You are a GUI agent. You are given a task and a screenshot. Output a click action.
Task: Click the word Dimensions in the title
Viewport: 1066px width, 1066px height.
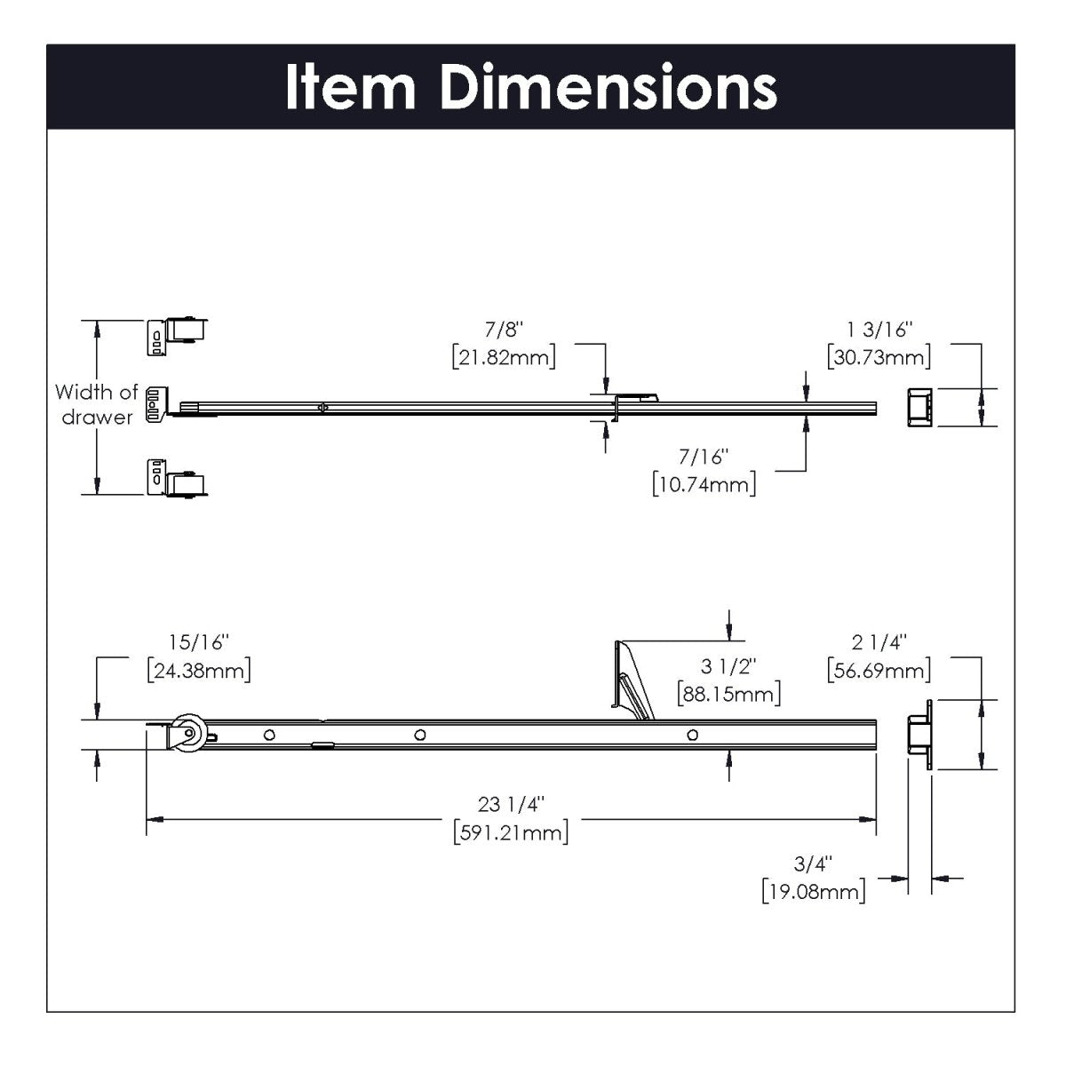(x=609, y=88)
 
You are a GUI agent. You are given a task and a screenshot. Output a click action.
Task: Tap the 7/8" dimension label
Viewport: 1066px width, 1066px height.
(x=505, y=330)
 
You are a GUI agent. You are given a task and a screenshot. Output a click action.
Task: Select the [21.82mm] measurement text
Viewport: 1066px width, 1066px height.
(x=504, y=357)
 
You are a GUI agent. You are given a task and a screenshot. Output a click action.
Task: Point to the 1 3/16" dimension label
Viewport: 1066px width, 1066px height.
(x=879, y=330)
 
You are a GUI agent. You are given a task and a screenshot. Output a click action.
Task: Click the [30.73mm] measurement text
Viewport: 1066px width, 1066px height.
(x=879, y=357)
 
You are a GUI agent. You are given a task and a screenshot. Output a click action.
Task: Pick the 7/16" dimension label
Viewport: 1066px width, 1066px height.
(x=704, y=457)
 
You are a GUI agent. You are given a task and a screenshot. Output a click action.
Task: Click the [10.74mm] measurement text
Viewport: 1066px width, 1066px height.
(x=704, y=484)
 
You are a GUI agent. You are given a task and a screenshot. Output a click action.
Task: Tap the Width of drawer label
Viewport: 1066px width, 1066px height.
(x=96, y=404)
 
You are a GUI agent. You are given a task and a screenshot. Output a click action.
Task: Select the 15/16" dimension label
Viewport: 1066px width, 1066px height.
(x=199, y=641)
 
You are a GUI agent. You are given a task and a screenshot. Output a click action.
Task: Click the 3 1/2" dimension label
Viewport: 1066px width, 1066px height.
(x=728, y=664)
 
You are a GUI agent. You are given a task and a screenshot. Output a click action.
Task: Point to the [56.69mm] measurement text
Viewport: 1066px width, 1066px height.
(x=879, y=669)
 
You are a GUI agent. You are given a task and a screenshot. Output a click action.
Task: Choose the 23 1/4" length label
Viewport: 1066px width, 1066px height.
(x=511, y=805)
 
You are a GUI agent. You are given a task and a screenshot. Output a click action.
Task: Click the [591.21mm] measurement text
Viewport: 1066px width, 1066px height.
(x=511, y=832)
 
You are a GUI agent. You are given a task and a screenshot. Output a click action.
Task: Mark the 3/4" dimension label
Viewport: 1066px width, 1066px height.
(x=813, y=863)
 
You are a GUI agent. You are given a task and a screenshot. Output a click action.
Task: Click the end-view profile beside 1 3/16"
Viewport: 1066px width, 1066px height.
(x=919, y=408)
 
